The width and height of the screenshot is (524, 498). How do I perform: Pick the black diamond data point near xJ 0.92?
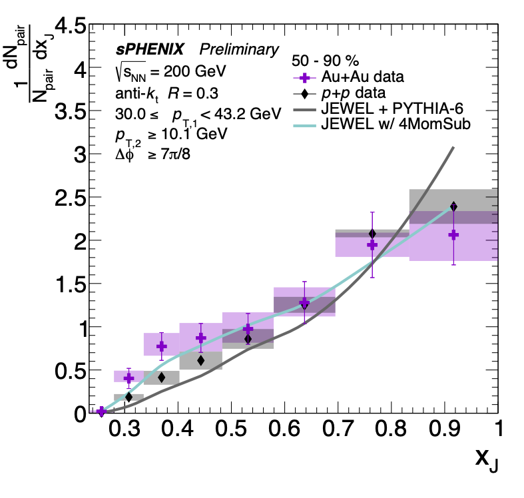pyautogui.click(x=453, y=206)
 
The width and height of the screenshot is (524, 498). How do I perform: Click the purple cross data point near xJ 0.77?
pyautogui.click(x=372, y=245)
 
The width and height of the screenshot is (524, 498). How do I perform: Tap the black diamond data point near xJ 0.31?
pyautogui.click(x=129, y=397)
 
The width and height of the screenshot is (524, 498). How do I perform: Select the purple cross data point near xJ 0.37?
pyautogui.click(x=161, y=346)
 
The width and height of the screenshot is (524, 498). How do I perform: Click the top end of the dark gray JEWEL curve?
pyautogui.click(x=453, y=148)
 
